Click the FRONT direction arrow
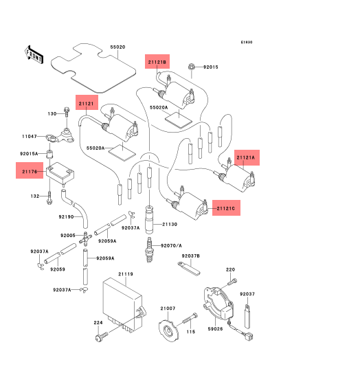(34, 55)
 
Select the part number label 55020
(117, 47)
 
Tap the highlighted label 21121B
(157, 62)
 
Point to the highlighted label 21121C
(226, 208)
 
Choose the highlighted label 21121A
(247, 157)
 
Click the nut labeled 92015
(192, 67)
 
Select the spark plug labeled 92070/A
(149, 250)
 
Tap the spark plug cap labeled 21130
(149, 220)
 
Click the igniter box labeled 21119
(124, 305)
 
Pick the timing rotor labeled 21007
(168, 330)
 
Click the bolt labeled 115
(190, 319)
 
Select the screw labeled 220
(232, 282)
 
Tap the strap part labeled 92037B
(189, 268)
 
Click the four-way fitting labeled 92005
(85, 238)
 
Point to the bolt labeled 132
(49, 198)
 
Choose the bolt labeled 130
(67, 112)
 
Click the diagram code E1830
(247, 42)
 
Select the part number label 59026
(215, 329)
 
